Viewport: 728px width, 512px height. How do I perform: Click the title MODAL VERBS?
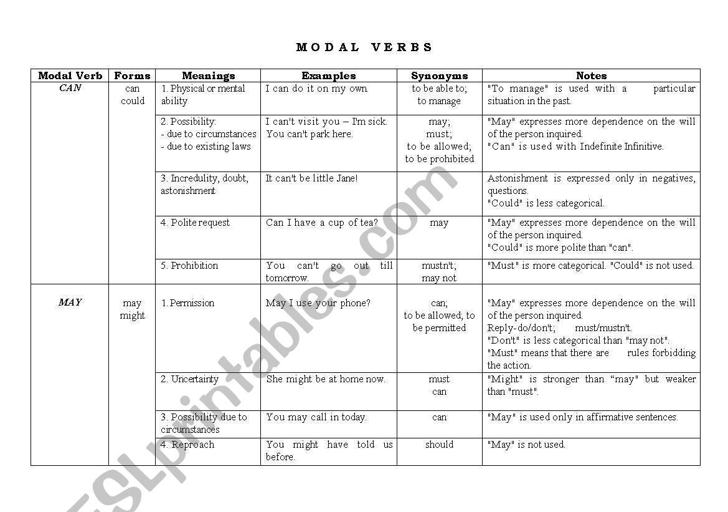pos(364,47)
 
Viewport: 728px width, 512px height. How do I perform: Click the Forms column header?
pos(132,76)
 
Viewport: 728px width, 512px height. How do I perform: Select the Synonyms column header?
pos(439,76)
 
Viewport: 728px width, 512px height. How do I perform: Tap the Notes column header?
pos(591,76)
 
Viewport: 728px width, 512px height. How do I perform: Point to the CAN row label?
pos(70,89)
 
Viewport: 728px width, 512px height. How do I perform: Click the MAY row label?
pos(70,302)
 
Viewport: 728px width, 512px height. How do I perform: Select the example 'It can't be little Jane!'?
pos(311,178)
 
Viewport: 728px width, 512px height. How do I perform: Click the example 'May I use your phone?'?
pos(318,303)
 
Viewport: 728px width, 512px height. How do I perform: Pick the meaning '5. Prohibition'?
pos(189,266)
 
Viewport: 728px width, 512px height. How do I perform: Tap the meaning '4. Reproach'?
pos(187,445)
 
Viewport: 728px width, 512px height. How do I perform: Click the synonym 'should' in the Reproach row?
pos(439,445)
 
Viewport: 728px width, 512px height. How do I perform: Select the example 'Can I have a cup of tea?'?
pos(321,223)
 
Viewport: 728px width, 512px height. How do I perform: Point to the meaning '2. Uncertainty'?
pos(190,379)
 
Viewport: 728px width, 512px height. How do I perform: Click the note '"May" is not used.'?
pos(526,445)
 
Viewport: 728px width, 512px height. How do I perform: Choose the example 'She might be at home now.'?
pos(326,379)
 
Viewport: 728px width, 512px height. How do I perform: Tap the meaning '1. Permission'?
pos(187,303)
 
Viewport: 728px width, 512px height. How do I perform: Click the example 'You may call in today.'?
pos(316,417)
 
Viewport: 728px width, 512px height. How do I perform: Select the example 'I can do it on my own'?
pos(316,89)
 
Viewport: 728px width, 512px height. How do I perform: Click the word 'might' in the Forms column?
pos(132,316)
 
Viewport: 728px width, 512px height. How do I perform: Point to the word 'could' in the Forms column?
pos(132,101)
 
